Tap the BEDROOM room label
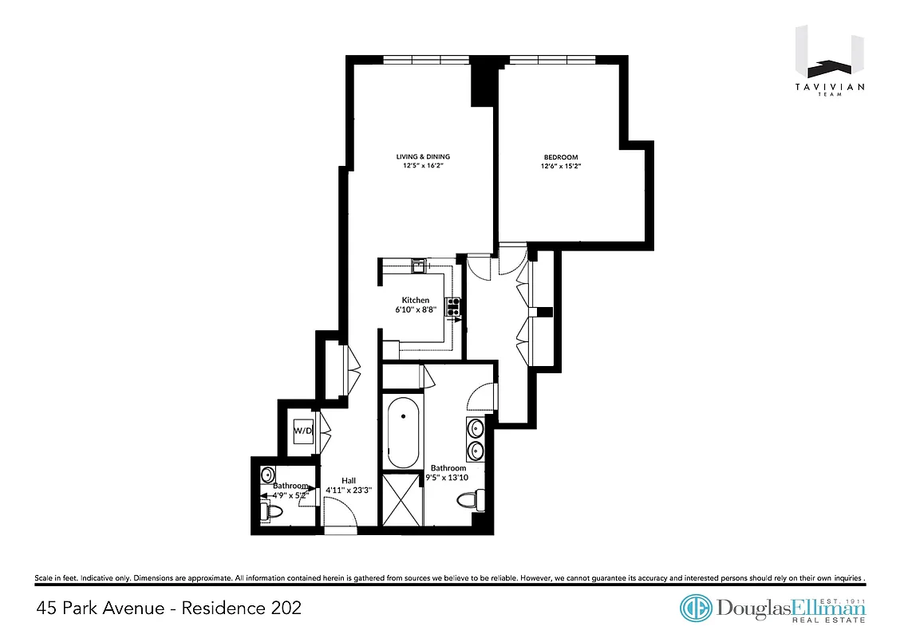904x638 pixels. (560, 157)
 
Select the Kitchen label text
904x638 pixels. (416, 300)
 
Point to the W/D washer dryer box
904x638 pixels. (302, 431)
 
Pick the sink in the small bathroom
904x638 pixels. (266, 475)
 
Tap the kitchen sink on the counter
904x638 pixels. (416, 265)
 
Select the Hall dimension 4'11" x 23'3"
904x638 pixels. (349, 490)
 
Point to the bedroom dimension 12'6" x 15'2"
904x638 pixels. (560, 167)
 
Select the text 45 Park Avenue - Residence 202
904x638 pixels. (169, 608)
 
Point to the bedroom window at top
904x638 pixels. (552, 58)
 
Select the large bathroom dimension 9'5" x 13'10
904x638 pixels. (448, 478)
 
